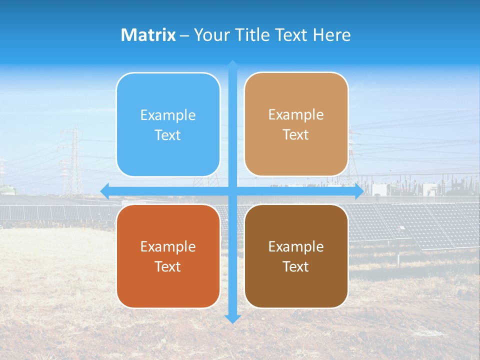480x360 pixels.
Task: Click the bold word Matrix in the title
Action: coord(148,35)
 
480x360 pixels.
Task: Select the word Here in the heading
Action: coord(332,35)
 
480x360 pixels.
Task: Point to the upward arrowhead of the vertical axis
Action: coord(232,64)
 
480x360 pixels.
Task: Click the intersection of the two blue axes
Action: coord(232,191)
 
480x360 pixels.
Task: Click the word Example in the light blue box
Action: coord(168,115)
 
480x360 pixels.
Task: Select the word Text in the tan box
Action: coord(296,135)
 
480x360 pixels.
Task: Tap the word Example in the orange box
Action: coord(168,247)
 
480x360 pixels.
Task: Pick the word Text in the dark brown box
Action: coord(296,266)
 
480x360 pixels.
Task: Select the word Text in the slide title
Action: coord(289,35)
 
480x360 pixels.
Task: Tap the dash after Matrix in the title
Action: coord(184,35)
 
